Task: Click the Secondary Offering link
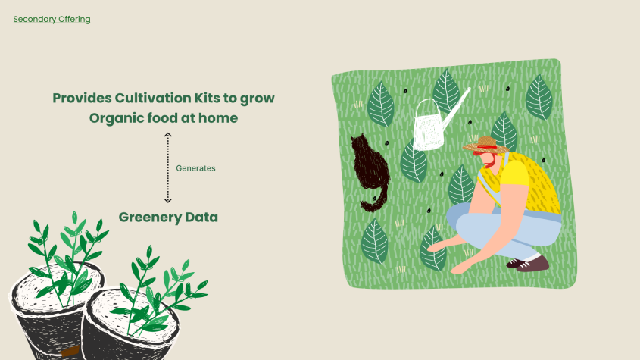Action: pos(52,19)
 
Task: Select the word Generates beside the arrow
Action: pos(195,168)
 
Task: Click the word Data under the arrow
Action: pos(201,217)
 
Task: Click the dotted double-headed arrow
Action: pos(167,167)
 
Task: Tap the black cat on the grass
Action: pos(370,170)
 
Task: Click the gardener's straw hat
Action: pos(485,145)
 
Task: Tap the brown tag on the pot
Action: pos(70,351)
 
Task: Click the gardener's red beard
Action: pos(490,162)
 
